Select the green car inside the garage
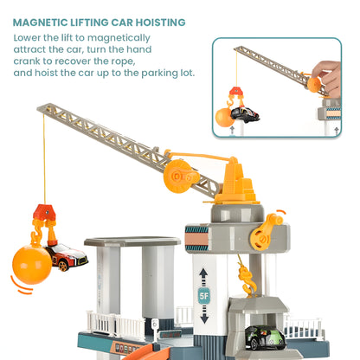point(262,336)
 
